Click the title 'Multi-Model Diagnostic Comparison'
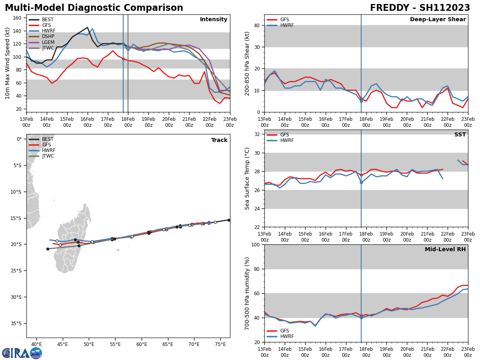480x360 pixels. click(x=94, y=8)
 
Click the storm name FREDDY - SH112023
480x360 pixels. click(x=420, y=8)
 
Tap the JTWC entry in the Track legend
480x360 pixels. click(x=48, y=156)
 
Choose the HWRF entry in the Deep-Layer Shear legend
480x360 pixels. click(x=286, y=25)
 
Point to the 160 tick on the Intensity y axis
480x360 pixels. click(x=18, y=18)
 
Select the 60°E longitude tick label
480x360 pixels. click(x=142, y=344)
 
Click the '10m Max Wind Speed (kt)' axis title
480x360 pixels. click(x=8, y=63)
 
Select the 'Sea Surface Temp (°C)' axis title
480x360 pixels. click(x=248, y=178)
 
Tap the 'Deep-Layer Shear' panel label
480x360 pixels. click(x=438, y=20)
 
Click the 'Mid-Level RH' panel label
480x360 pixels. click(x=445, y=250)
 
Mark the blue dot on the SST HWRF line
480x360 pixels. click(x=361, y=182)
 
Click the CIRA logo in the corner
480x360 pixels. click(x=22, y=353)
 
